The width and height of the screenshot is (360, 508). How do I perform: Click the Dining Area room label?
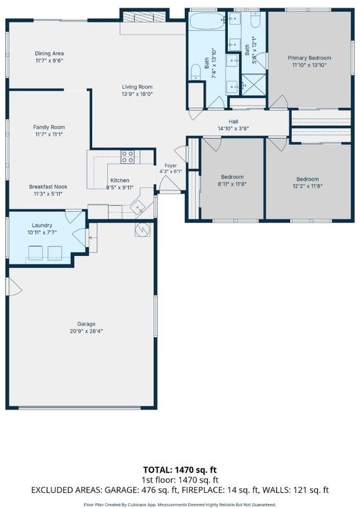tap(50, 53)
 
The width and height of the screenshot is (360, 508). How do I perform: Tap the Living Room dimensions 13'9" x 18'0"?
tap(137, 94)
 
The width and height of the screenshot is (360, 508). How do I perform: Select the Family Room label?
tap(49, 128)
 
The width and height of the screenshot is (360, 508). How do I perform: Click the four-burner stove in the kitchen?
tap(128, 157)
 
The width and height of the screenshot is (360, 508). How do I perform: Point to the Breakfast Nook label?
tap(48, 187)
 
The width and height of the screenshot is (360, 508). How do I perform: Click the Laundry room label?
tap(42, 225)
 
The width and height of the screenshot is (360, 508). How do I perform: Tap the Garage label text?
tap(86, 324)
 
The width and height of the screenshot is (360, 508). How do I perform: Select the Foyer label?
tap(170, 166)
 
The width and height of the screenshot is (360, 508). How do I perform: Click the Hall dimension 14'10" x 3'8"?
tap(233, 129)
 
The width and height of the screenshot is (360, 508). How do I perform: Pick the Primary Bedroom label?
tap(309, 58)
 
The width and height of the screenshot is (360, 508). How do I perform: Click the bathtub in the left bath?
tap(208, 21)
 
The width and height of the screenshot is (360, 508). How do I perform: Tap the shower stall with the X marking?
tap(254, 84)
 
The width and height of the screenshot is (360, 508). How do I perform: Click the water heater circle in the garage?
tap(143, 230)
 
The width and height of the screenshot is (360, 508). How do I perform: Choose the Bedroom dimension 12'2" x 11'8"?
tap(307, 186)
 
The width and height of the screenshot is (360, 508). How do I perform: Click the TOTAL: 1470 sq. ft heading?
tap(180, 470)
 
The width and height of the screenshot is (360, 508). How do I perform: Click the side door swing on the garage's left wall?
tap(14, 287)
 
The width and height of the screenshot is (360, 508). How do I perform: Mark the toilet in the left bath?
tap(196, 72)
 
